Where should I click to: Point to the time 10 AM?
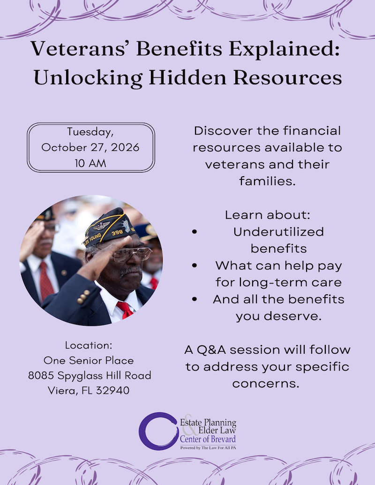[90, 163]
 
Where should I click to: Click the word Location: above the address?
[89, 345]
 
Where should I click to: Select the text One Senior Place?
[89, 360]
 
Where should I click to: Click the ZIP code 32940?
[113, 390]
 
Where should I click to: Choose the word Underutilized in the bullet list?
[278, 231]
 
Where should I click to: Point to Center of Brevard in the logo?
[208, 440]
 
